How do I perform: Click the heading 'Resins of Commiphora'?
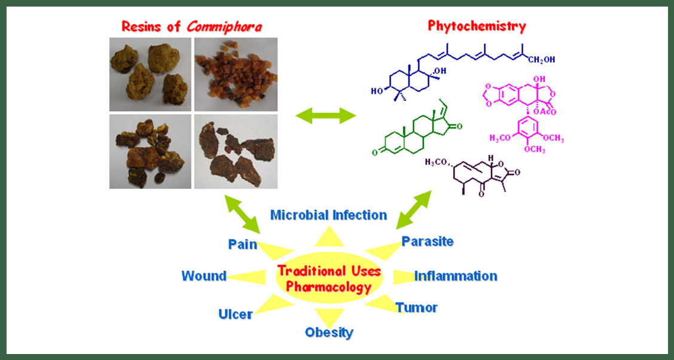point(192,26)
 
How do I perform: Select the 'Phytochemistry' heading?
point(477,26)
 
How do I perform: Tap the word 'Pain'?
point(242,244)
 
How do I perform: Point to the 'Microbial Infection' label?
point(328,215)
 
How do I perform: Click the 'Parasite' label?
point(427,242)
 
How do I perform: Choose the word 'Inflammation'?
point(456,276)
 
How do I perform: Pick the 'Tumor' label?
point(416,307)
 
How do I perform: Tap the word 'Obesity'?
point(329,332)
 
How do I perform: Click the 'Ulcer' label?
point(235,314)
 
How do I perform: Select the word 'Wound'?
point(204,276)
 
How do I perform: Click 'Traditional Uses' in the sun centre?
point(328,271)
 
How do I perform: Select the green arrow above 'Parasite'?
point(413,209)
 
